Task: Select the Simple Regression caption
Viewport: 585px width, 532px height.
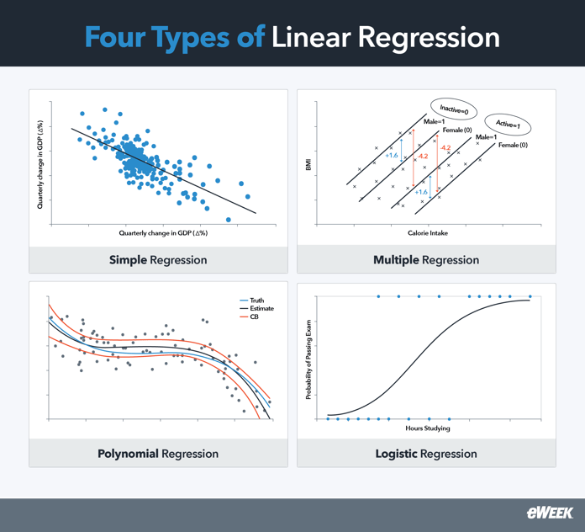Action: click(158, 260)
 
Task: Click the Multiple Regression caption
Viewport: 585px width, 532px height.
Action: click(426, 260)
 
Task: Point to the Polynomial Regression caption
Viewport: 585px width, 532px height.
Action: click(158, 454)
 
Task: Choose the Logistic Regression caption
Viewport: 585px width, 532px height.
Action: click(426, 454)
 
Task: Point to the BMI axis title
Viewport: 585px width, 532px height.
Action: click(308, 168)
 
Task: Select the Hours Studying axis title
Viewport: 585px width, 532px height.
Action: click(429, 428)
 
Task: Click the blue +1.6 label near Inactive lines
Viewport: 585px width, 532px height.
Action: click(392, 156)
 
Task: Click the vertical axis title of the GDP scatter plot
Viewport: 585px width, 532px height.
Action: click(40, 165)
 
